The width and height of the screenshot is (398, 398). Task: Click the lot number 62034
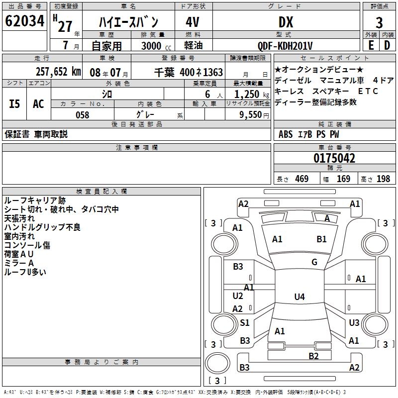click(x=24, y=21)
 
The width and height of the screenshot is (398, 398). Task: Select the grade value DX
click(x=286, y=22)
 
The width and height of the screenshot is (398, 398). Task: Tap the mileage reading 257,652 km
click(x=58, y=72)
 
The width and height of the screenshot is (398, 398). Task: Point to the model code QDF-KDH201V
click(x=285, y=46)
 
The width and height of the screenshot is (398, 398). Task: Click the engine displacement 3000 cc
click(x=156, y=46)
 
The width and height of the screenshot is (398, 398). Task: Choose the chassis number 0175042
click(x=334, y=158)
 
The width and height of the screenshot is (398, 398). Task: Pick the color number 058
click(x=83, y=115)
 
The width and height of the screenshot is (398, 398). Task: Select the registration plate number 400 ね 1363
click(x=201, y=72)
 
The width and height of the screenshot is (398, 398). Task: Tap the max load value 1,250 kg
click(x=252, y=95)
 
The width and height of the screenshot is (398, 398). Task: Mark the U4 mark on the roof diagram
click(x=299, y=297)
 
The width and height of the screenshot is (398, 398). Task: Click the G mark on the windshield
click(x=314, y=262)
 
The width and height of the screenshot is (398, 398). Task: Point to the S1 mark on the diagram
click(x=245, y=322)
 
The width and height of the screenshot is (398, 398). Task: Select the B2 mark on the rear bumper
click(x=313, y=356)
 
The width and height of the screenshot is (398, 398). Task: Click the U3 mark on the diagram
click(x=354, y=322)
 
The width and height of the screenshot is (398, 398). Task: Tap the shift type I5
click(x=14, y=104)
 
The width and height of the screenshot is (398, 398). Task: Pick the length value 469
click(x=302, y=179)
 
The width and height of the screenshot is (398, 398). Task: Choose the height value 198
click(x=383, y=179)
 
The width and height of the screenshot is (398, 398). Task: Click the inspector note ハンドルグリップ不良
click(x=42, y=227)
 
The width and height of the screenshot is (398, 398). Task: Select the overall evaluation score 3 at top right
click(x=379, y=22)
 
